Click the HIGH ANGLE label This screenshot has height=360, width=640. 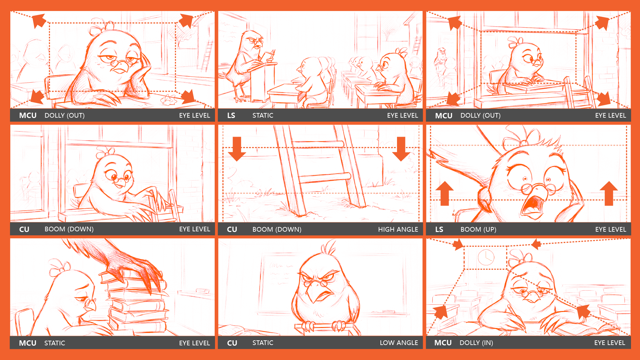[x=398, y=229]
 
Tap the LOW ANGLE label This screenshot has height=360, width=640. [x=399, y=343]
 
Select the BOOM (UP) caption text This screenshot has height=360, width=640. [x=478, y=229]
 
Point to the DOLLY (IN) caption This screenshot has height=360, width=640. [x=476, y=343]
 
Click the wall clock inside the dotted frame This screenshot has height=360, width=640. [x=486, y=257]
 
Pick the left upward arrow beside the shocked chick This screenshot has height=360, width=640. [x=444, y=193]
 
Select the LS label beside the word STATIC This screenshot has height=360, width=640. [x=231, y=115]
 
